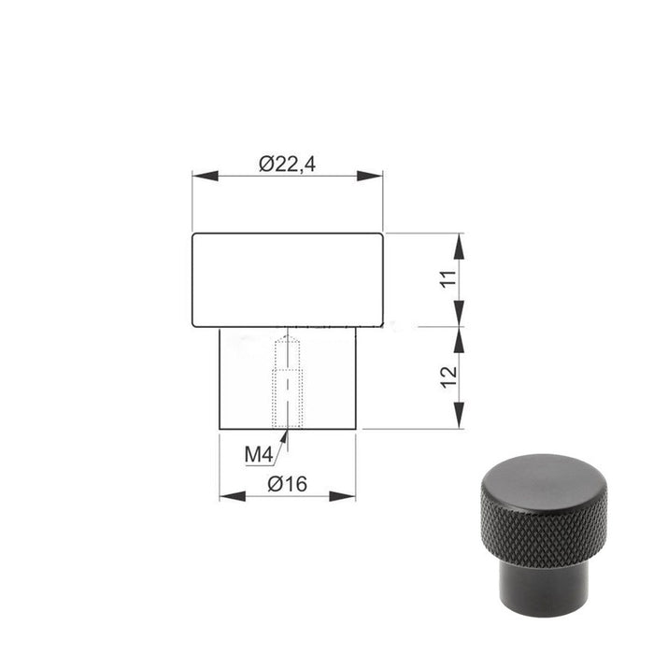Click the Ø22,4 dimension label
[287, 163]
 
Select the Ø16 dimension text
[287, 484]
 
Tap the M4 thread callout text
[259, 454]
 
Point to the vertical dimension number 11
[449, 278]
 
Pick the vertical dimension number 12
[449, 377]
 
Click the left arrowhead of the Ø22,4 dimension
[206, 176]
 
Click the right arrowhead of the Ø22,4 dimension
[370, 176]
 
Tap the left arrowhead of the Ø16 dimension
[233, 496]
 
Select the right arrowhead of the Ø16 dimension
[343, 496]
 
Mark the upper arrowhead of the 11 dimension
[459, 247]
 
